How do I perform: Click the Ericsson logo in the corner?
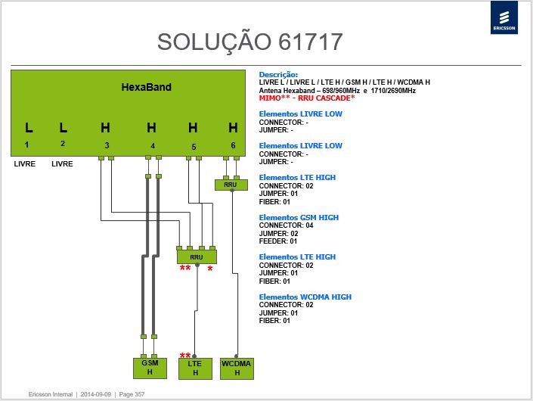click(504, 17)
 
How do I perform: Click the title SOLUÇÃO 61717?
click(249, 42)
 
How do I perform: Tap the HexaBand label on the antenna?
click(147, 87)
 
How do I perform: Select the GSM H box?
click(150, 368)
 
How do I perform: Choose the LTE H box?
click(195, 368)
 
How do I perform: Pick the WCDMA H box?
click(237, 368)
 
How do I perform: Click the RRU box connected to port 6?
click(231, 185)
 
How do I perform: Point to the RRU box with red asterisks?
click(197, 257)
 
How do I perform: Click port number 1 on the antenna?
click(26, 145)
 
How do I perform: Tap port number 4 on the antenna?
click(153, 145)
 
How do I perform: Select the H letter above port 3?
click(105, 128)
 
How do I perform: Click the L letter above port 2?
click(64, 128)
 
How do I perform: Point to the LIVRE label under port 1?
click(25, 164)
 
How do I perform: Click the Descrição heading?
click(278, 74)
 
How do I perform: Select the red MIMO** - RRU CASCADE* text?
click(307, 98)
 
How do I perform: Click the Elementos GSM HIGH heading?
click(299, 217)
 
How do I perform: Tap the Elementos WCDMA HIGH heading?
click(305, 297)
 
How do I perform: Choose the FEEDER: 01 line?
click(278, 241)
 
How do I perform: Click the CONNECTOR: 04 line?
click(287, 225)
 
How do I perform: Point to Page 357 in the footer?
click(132, 394)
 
